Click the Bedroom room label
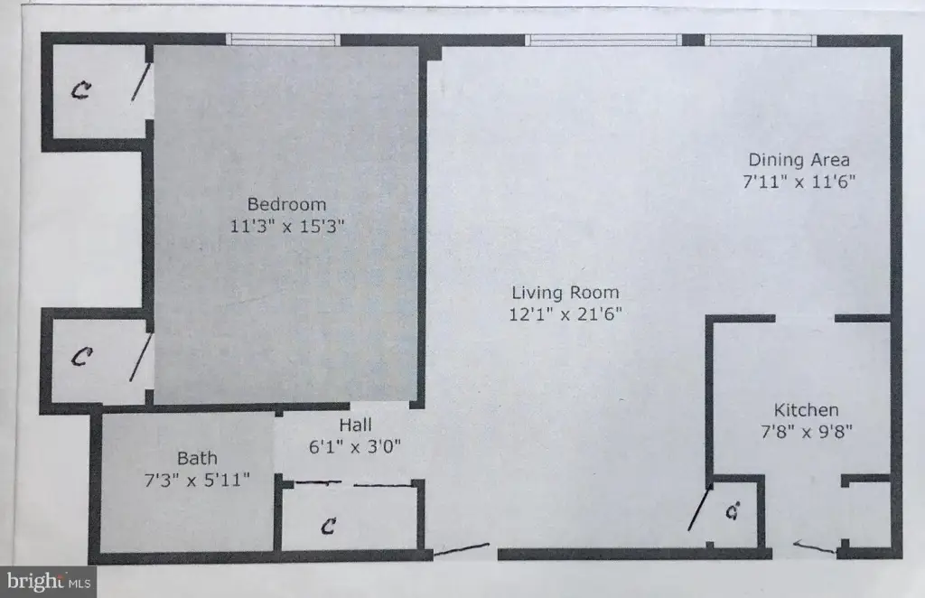tap(286, 205)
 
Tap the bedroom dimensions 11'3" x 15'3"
tap(286, 226)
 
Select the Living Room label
tap(565, 293)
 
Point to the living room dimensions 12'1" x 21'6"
tap(565, 313)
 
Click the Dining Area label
tap(799, 160)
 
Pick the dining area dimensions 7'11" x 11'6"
tap(799, 181)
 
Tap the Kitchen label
tap(806, 410)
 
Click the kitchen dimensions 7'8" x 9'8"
tap(806, 432)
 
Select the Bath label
tap(197, 458)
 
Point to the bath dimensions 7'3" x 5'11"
tap(197, 480)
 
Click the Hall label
tap(355, 425)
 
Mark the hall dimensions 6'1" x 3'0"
tap(355, 446)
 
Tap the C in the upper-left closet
tap(80, 90)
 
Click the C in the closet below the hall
tap(329, 526)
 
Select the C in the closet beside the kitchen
tap(733, 511)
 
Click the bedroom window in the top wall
tap(283, 40)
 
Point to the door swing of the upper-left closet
tap(142, 82)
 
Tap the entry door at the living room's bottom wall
tap(462, 549)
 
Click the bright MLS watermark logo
tap(49, 582)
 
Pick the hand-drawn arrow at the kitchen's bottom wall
tap(814, 547)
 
